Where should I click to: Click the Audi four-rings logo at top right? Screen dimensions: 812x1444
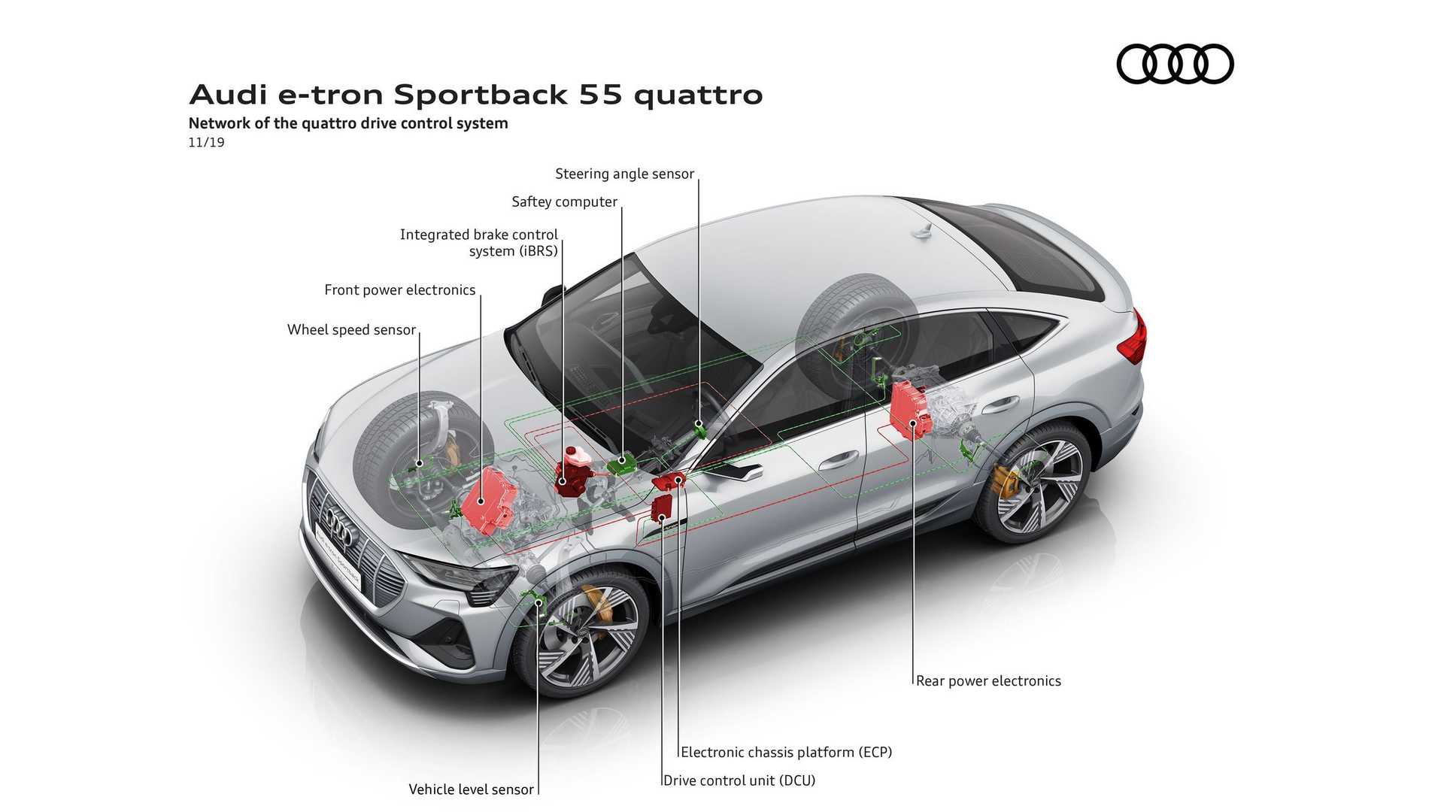coord(1175,64)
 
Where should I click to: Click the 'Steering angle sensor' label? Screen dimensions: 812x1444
coord(624,174)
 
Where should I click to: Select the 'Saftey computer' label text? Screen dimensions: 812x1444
coord(564,201)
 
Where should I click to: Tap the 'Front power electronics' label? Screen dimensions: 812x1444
coord(399,289)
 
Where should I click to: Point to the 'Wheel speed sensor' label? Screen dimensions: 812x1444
coord(351,329)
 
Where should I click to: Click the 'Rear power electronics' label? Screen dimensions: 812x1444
coord(988,680)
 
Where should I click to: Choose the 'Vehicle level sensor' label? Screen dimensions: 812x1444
coord(471,789)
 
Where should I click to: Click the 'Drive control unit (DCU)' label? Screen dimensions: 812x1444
coord(739,780)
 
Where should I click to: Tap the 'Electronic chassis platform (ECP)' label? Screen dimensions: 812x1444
coord(786,752)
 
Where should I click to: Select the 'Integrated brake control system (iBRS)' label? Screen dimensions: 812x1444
coord(479,242)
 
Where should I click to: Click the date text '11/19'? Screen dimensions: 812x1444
coord(206,142)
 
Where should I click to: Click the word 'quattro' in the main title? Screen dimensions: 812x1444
coord(698,95)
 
